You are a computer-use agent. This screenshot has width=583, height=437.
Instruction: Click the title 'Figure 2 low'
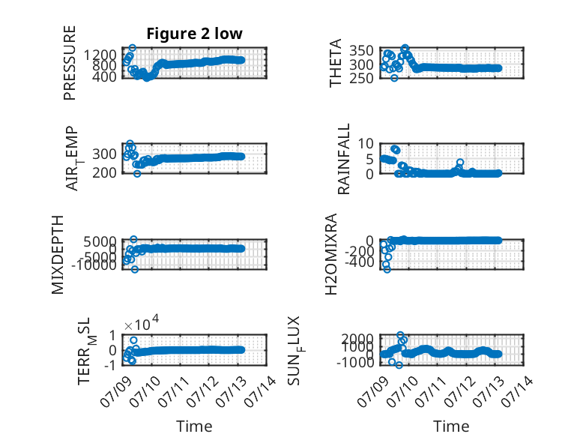point(194,34)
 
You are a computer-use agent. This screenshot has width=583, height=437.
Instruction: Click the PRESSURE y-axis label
point(70,63)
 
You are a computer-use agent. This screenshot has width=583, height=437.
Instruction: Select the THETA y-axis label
point(336,63)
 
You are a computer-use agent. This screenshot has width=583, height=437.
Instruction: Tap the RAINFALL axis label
point(344,159)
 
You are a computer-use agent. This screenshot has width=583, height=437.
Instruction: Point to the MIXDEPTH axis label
point(58,255)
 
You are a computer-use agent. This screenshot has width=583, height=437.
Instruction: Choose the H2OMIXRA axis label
point(331,254)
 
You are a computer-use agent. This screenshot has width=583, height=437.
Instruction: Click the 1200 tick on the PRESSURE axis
point(100,55)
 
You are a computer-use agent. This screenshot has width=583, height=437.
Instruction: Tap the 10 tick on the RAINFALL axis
point(366,143)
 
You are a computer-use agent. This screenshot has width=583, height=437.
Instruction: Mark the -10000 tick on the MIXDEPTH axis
point(94,265)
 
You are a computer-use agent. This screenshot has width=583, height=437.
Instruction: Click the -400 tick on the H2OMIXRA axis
point(360,262)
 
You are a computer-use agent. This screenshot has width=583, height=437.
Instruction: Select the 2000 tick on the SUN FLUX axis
point(357,339)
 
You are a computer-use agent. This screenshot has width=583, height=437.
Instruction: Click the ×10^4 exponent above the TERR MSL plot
point(142,323)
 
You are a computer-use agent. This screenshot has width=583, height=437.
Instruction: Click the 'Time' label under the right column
point(451,427)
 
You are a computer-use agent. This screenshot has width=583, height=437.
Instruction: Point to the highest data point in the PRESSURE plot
point(133,48)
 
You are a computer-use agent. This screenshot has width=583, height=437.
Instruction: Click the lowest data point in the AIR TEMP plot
point(137,173)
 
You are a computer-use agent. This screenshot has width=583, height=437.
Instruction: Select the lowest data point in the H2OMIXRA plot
point(387,269)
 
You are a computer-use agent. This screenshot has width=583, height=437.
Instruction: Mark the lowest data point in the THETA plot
point(394,78)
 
